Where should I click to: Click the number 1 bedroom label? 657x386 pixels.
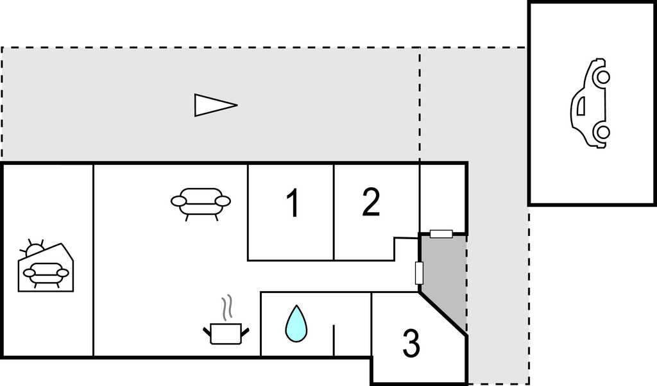(293, 203)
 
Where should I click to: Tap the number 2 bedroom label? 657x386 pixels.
(371, 202)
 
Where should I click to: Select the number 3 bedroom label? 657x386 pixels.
(411, 343)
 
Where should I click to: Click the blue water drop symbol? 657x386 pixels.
(296, 324)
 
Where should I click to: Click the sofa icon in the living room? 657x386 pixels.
(201, 203)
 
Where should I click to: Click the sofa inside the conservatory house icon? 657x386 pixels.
(46, 274)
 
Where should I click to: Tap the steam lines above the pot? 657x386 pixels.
(226, 308)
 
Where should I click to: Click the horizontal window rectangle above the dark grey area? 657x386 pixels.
(441, 233)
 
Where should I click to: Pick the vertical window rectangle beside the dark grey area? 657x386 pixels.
(419, 273)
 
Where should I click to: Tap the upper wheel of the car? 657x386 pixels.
(603, 77)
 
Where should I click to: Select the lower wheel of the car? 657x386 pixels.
(603, 132)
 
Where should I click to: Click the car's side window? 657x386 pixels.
(581, 106)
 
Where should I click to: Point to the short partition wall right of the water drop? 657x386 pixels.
(334, 340)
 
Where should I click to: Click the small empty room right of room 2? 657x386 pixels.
(443, 197)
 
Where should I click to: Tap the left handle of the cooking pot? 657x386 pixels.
(207, 332)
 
